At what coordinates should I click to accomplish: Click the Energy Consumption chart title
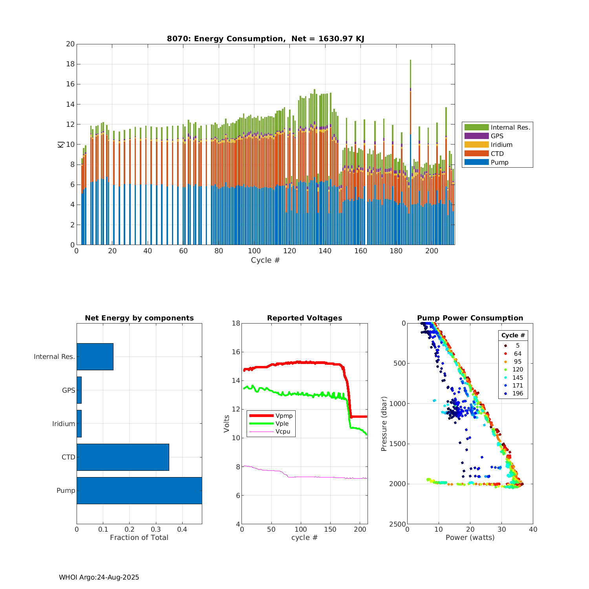click(265, 38)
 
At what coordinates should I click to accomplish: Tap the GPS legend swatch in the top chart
click(476, 136)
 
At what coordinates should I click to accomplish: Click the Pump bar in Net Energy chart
click(139, 490)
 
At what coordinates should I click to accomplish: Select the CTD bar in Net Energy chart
click(123, 457)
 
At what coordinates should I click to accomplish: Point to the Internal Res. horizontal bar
click(95, 357)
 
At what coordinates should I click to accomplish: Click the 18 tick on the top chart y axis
click(70, 64)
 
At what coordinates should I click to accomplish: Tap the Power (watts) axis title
click(470, 537)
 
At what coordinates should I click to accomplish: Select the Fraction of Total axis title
click(139, 537)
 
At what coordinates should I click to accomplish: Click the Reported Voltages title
click(304, 318)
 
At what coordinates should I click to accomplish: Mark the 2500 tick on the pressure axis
click(398, 524)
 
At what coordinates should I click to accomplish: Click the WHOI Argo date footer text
click(99, 577)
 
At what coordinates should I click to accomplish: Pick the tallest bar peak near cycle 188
click(410, 60)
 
